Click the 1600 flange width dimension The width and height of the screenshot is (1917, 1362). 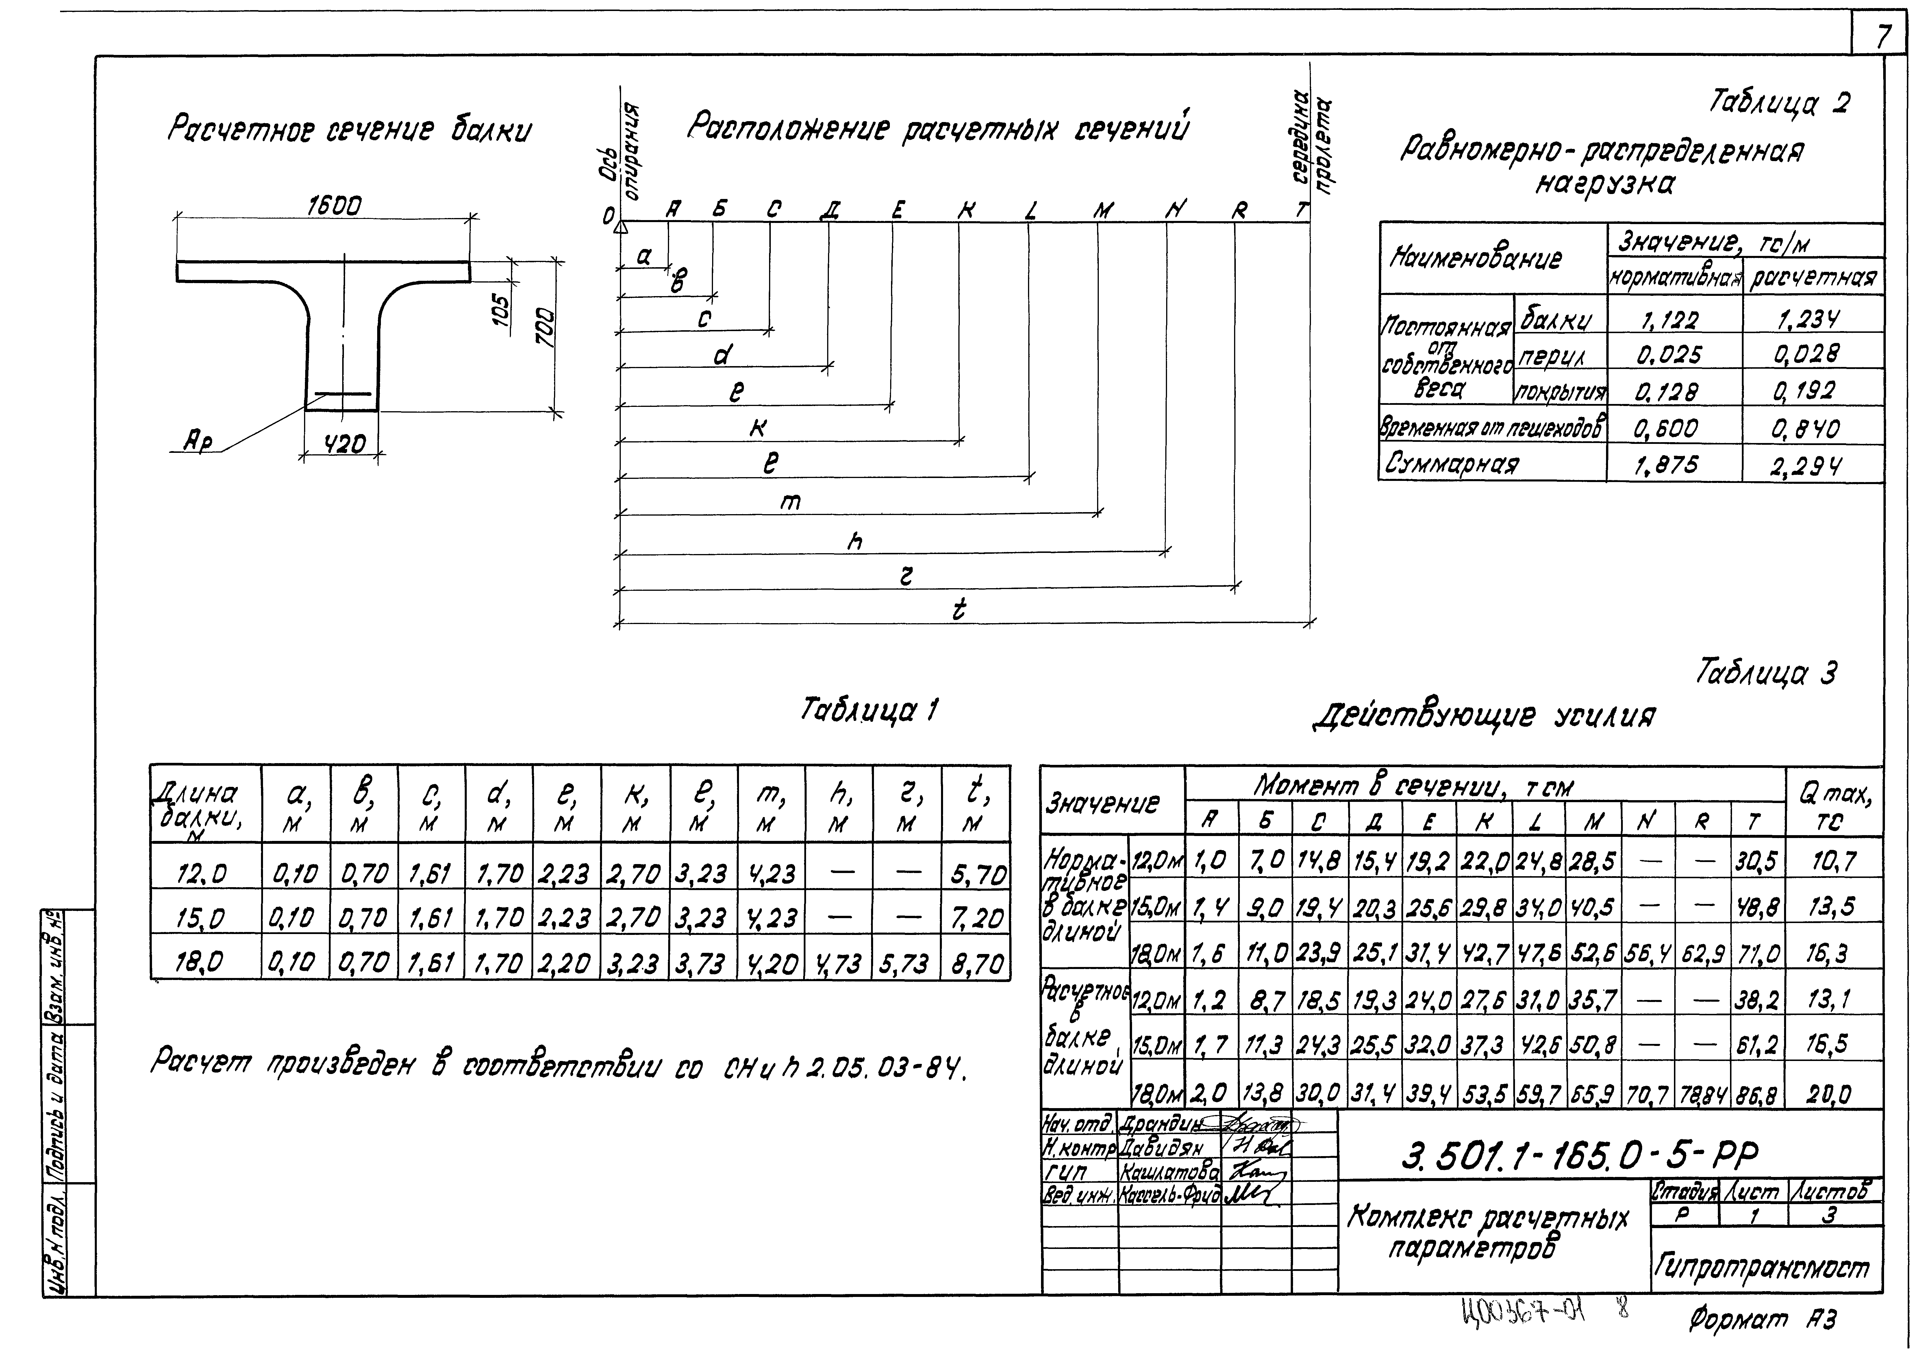[x=334, y=206]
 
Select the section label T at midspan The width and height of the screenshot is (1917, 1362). [x=1301, y=210]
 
